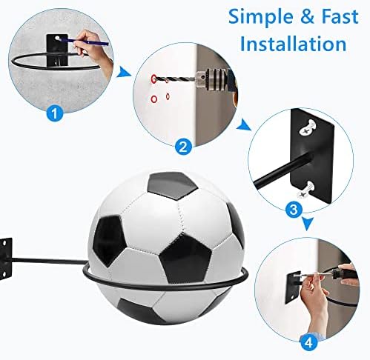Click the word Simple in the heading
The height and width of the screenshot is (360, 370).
[262, 18]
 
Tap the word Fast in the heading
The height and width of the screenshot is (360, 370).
[340, 16]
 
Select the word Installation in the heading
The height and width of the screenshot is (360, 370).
[293, 44]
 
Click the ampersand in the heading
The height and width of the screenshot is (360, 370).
[308, 17]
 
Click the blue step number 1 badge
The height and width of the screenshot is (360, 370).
[55, 113]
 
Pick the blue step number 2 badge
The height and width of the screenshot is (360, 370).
[183, 147]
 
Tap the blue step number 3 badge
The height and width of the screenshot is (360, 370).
[294, 210]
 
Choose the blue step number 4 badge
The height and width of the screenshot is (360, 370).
[309, 343]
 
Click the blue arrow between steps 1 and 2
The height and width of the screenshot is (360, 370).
[123, 72]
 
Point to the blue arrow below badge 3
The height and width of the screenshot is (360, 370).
[308, 224]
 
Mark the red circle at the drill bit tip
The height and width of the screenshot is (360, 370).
[154, 79]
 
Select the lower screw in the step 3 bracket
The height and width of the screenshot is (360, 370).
[306, 190]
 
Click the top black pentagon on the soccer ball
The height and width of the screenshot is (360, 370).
[172, 185]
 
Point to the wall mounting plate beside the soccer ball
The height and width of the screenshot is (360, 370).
[5, 259]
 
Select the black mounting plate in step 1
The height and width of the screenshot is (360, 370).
[57, 50]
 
